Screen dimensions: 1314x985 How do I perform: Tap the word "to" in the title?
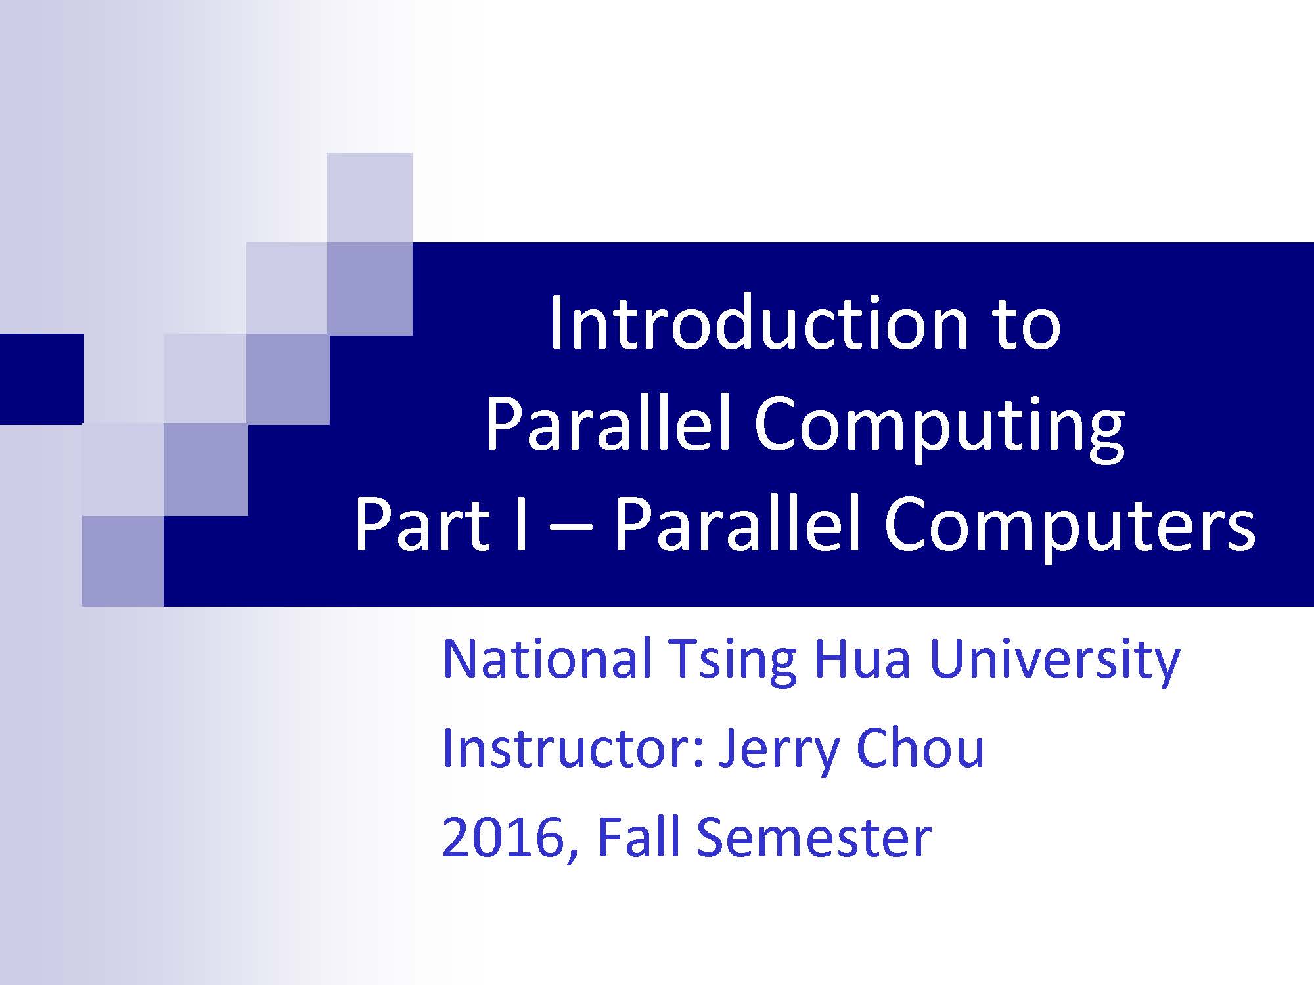click(1027, 327)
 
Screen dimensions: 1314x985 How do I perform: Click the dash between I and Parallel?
click(571, 529)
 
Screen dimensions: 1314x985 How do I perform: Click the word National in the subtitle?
click(547, 659)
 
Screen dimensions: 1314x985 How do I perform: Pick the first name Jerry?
click(779, 753)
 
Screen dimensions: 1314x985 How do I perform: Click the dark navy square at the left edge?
click(41, 379)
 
